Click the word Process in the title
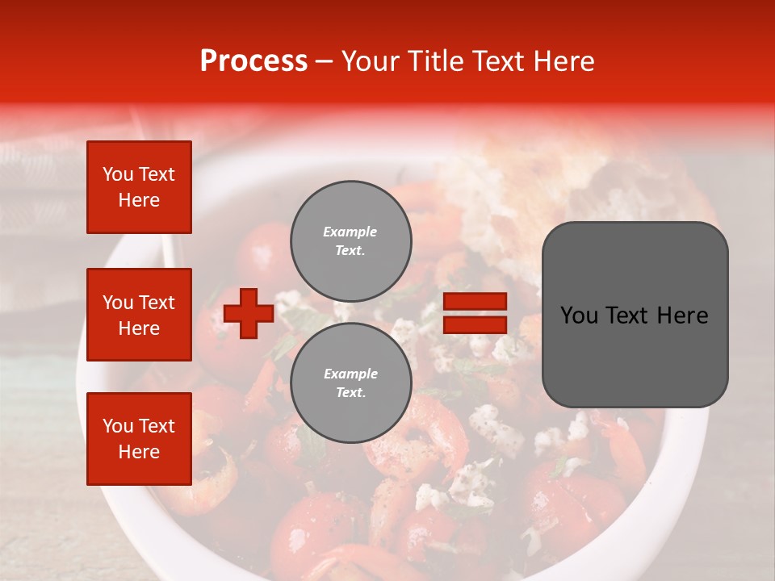pyautogui.click(x=253, y=61)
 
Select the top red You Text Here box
pyautogui.click(x=139, y=187)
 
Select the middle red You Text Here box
pyautogui.click(x=139, y=315)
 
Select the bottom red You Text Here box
pyautogui.click(x=139, y=438)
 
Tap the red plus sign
pyautogui.click(x=249, y=313)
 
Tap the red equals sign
pyautogui.click(x=475, y=313)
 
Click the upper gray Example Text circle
pyautogui.click(x=350, y=240)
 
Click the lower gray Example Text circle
pyautogui.click(x=350, y=382)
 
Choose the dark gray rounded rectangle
pyautogui.click(x=635, y=314)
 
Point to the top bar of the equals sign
pyautogui.click(x=475, y=302)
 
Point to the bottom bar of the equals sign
pyautogui.click(x=475, y=324)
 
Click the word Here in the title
pyautogui.click(x=563, y=61)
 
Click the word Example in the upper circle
pyautogui.click(x=350, y=232)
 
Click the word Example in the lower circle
pyautogui.click(x=350, y=374)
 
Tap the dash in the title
pyautogui.click(x=324, y=61)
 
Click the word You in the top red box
pyautogui.click(x=118, y=174)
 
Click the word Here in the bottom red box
pyautogui.click(x=139, y=452)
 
